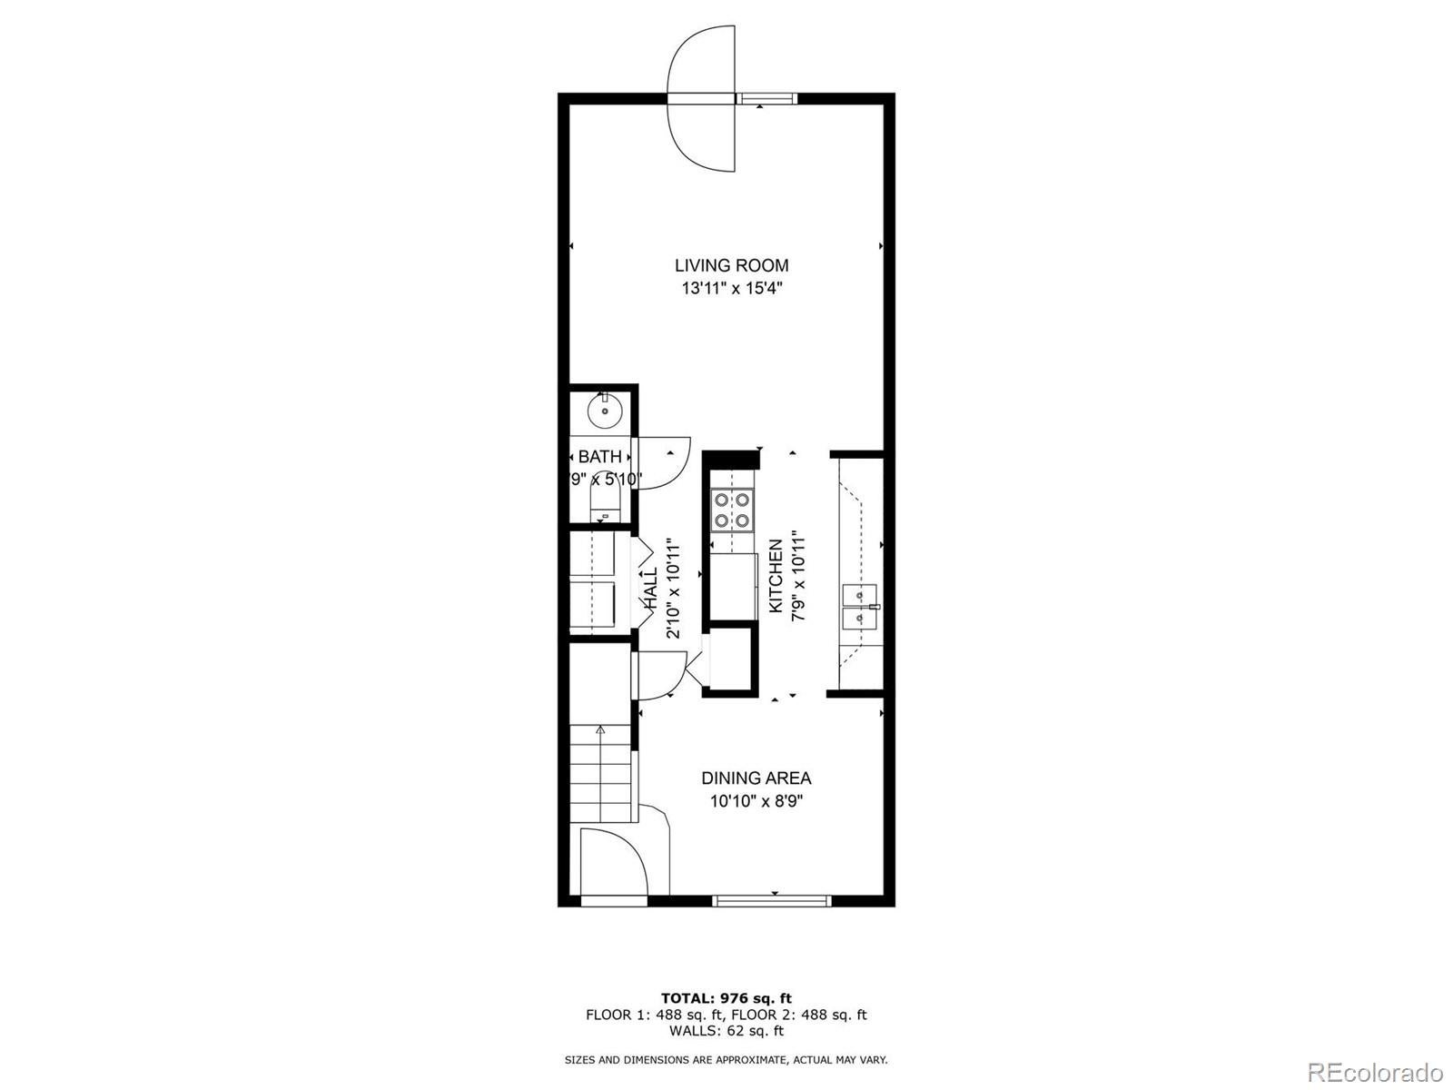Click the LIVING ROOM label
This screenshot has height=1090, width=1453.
pos(731,265)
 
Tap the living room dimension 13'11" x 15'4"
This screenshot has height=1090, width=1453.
pos(732,289)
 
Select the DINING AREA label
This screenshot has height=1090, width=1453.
pos(756,778)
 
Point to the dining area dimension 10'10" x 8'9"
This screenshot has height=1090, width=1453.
pos(756,801)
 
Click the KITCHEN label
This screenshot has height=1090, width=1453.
pos(776,576)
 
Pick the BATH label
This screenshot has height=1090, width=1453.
pos(599,457)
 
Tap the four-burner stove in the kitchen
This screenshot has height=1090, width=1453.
pos(732,510)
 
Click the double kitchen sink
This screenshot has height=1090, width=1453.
pos(860,607)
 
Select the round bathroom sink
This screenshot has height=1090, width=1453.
pos(605,411)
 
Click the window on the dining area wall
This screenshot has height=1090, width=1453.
pos(772,901)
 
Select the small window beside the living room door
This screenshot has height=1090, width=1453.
pos(766,99)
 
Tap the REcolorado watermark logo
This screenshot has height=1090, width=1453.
pos(1376,1072)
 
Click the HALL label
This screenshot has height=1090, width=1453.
pos(650,589)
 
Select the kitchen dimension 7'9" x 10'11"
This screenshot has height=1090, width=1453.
pos(799,575)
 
